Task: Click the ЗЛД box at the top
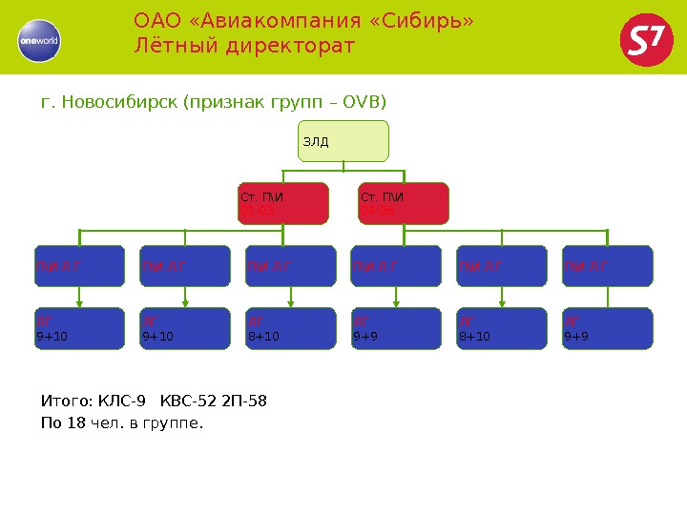coord(343,141)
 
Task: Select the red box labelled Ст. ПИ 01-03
coord(282,203)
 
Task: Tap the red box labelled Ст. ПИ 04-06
coord(403,203)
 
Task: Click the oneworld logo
coord(39,40)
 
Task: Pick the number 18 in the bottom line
coord(76,422)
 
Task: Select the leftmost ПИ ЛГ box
coord(80,266)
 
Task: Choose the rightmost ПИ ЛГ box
coord(608,266)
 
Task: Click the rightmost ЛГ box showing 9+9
coord(608,327)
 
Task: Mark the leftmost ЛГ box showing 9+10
coord(80,327)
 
